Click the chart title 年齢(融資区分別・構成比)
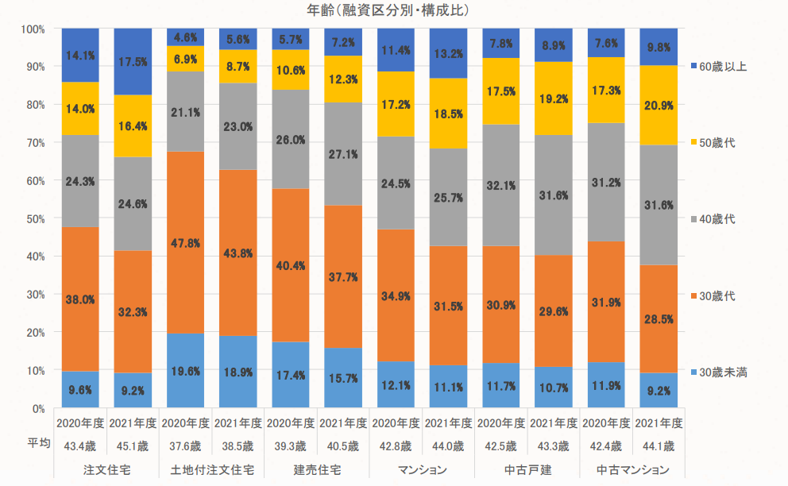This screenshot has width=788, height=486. [388, 10]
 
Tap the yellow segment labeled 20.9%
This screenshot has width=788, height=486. [659, 106]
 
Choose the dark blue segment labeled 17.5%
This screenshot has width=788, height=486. [133, 61]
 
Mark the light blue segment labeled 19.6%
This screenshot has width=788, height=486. [185, 371]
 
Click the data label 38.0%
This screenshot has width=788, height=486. [80, 299]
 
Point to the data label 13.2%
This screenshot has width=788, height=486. [447, 54]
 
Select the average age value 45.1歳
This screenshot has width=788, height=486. [133, 445]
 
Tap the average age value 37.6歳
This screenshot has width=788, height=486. [185, 445]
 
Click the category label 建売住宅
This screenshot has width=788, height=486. [316, 469]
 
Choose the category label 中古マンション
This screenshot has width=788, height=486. [632, 469]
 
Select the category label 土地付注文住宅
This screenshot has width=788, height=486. [211, 469]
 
